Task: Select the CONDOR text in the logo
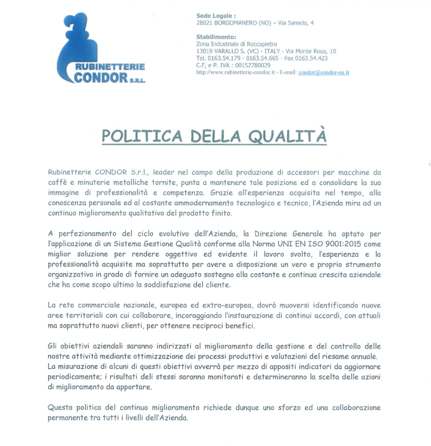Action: [101, 78]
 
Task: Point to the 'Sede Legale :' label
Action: [216, 16]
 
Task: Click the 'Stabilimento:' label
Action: [216, 37]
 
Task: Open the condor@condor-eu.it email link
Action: [324, 72]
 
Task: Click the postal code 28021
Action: [204, 23]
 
